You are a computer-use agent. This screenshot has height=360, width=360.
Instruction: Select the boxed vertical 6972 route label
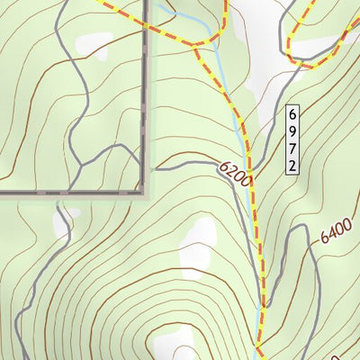click(292, 139)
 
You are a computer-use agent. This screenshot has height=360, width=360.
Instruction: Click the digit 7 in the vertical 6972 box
click(292, 148)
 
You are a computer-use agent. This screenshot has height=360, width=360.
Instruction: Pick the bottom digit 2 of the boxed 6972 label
click(292, 166)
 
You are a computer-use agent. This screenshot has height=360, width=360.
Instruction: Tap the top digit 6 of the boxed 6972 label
click(292, 114)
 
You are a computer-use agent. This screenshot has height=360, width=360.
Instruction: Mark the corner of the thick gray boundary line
click(144, 192)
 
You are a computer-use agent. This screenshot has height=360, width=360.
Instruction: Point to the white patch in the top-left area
click(93, 42)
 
